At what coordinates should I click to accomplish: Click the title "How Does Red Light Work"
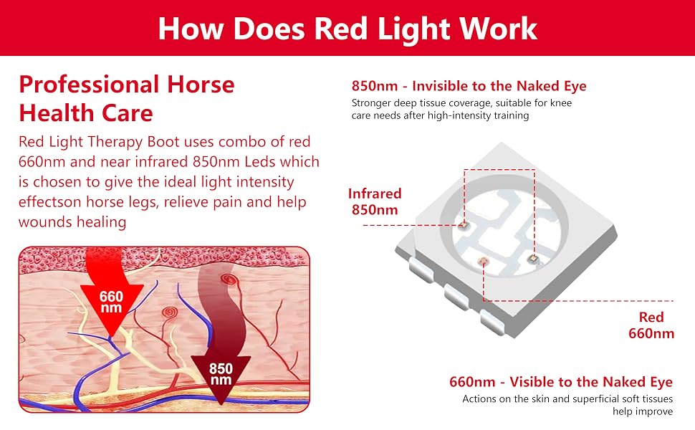click(347, 29)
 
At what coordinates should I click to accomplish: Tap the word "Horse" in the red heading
click(201, 85)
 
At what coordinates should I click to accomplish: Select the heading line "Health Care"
click(85, 113)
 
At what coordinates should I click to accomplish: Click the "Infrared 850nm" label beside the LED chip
click(375, 201)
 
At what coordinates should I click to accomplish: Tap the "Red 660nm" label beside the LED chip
click(651, 325)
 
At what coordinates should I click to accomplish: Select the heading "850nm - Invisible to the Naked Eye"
click(469, 85)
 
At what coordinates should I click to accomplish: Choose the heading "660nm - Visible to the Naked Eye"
click(561, 382)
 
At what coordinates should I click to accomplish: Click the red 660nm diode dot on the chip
click(482, 261)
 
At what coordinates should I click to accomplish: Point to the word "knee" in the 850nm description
click(561, 103)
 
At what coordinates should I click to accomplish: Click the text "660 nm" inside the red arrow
click(111, 302)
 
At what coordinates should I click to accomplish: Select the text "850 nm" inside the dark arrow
click(221, 374)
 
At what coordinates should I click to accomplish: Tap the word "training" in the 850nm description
click(512, 115)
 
